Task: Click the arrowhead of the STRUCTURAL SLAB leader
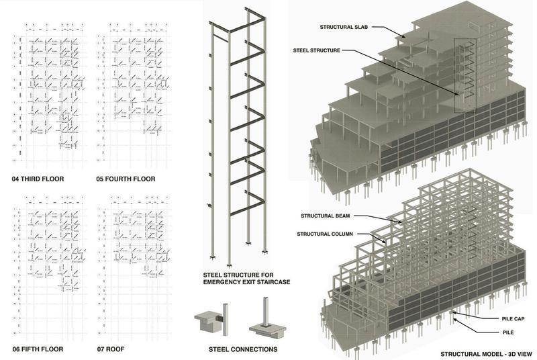[404, 37]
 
